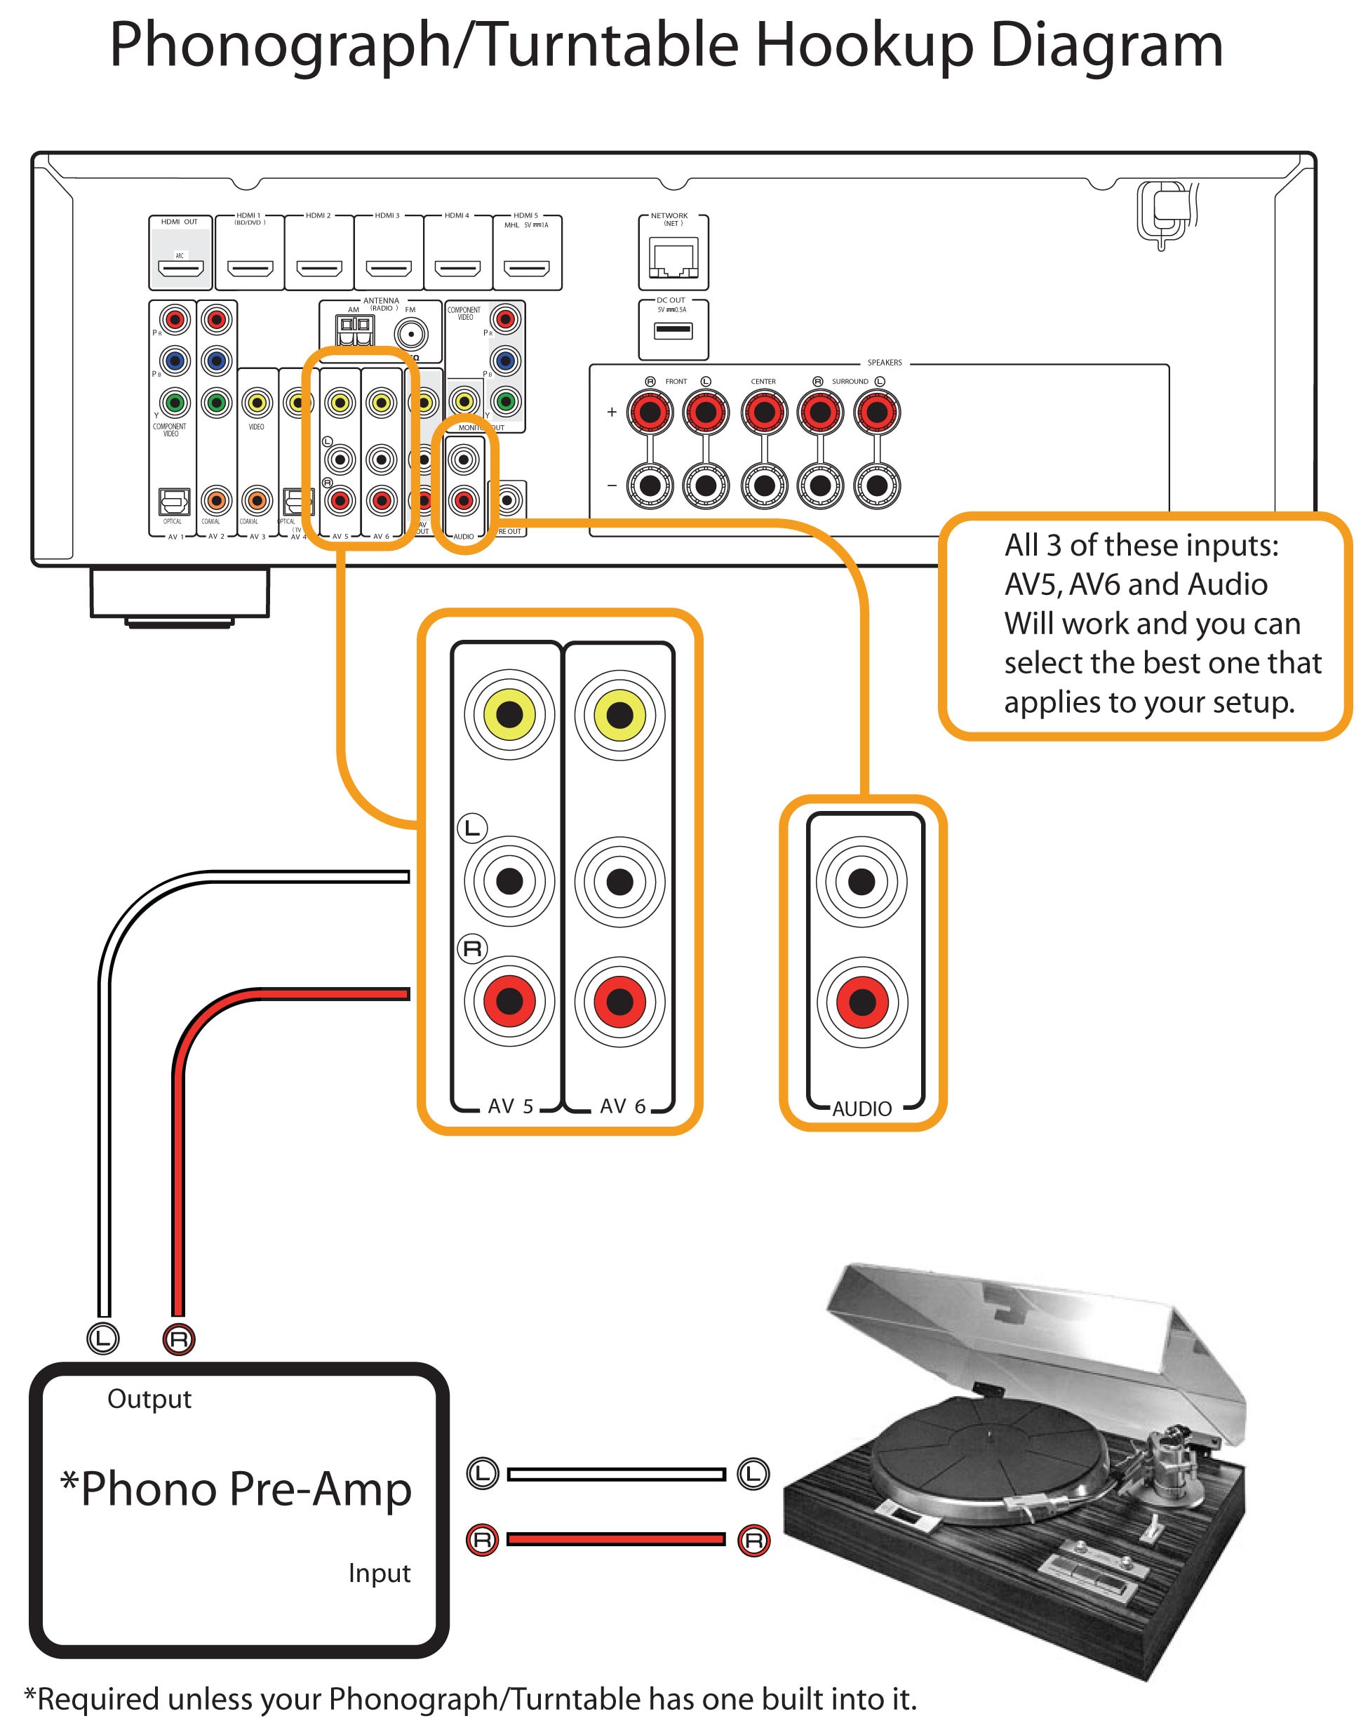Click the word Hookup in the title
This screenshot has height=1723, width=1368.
pos(864,45)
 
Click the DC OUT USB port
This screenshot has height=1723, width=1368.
pos(673,329)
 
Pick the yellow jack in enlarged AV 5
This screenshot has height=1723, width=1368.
pos(509,713)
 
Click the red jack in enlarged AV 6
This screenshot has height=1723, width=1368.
pos(619,1000)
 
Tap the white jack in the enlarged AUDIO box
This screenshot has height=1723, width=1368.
pos(861,881)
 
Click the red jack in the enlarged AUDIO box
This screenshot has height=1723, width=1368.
pos(861,1000)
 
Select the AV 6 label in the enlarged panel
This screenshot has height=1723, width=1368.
pos(622,1106)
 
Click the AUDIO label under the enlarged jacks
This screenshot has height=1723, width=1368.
pos(861,1108)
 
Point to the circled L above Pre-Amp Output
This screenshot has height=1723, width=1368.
pos(103,1338)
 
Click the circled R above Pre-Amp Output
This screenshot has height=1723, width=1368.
pos(178,1339)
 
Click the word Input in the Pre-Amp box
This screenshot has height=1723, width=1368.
pos(379,1573)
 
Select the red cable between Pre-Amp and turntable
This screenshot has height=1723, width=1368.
pos(615,1539)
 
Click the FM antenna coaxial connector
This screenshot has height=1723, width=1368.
pos(410,334)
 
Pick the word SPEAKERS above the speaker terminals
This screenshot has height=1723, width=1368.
pos(884,363)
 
